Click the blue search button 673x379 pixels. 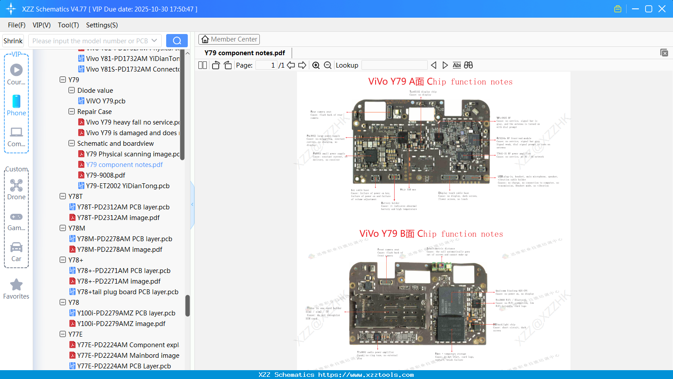point(177,41)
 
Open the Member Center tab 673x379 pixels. point(229,39)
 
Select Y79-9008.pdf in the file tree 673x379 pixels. point(106,175)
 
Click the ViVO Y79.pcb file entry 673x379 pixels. point(106,101)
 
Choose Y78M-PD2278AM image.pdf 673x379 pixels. point(119,250)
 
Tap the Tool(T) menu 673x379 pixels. point(68,25)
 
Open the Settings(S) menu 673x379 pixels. point(102,25)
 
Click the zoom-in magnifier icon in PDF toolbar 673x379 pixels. point(316,65)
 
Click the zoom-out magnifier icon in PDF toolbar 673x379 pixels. point(327,65)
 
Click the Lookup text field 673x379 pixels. point(394,65)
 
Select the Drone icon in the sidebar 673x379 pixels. point(16,186)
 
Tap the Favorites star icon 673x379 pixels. point(16,285)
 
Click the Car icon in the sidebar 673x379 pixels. point(16,247)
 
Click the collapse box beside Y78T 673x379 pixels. point(63,197)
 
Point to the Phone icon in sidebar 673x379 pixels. point(16,102)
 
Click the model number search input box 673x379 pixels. point(91,41)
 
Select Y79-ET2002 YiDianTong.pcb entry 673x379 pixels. point(128,186)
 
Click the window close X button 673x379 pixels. point(662,9)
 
